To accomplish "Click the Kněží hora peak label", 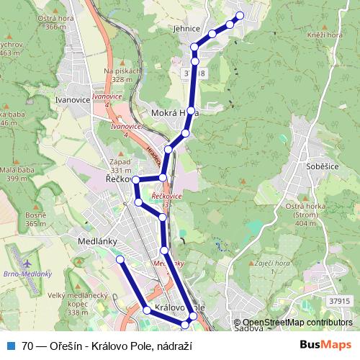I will click(324, 34).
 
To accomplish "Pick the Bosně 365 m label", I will click(36, 220).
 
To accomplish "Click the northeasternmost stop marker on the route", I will click(240, 15).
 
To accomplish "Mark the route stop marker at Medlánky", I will click(120, 258).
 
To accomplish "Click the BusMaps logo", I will click(325, 346).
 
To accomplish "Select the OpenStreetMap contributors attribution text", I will click(297, 323).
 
